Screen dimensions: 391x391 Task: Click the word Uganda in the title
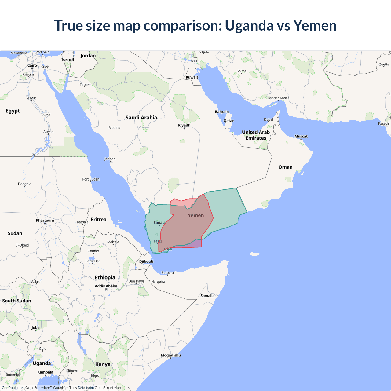pos(249,26)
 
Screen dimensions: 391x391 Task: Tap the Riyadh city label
pos(184,125)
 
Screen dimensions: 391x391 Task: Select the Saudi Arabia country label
pos(141,118)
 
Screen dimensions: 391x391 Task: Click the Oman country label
pos(285,167)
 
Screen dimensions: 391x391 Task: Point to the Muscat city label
pos(301,137)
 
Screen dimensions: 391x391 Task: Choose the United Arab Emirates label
pos(256,135)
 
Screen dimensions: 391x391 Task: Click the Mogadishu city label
pos(171,355)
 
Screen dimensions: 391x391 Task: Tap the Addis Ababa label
pos(106,286)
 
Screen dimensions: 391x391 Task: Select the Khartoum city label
pos(45,221)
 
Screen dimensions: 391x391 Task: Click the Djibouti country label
pos(146,261)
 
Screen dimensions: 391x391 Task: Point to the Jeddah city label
pos(110,159)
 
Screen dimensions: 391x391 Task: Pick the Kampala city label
pos(45,372)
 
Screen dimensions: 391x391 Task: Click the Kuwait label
pos(192,77)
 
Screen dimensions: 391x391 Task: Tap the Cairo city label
pos(32,66)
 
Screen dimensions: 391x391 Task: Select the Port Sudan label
pos(91,179)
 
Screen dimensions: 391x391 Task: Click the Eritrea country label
pos(98,220)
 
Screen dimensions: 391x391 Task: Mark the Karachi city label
pos(384,124)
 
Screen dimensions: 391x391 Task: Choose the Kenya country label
pos(103,364)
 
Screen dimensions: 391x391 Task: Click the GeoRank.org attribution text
pos(12,388)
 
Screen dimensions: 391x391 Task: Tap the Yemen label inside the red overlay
pos(195,216)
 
